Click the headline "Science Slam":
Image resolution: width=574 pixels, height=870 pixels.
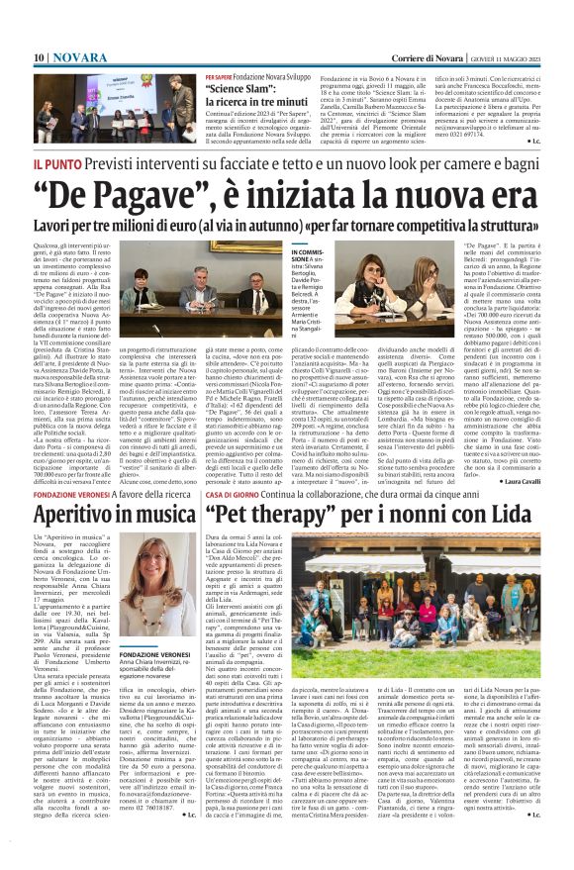pyautogui.click(x=241, y=87)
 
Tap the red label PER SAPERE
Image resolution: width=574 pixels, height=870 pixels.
pyautogui.click(x=221, y=75)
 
